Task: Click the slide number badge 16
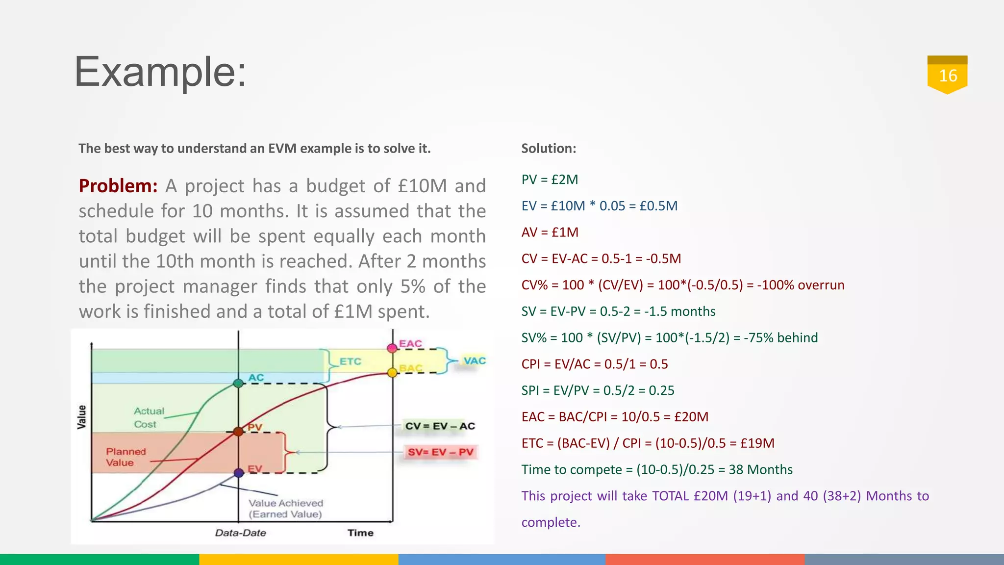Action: (x=947, y=76)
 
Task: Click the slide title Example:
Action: (x=160, y=72)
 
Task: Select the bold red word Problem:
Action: (x=118, y=186)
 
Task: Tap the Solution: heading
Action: (x=549, y=148)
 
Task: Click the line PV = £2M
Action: (x=550, y=180)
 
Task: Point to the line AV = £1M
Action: (x=550, y=232)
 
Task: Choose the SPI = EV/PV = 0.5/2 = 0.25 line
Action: (x=598, y=390)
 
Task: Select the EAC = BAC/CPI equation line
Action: (x=615, y=417)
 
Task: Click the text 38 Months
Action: (x=760, y=469)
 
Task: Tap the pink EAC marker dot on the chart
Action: (x=392, y=348)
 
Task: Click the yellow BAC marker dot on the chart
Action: (x=392, y=373)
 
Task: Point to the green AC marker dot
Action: (x=238, y=384)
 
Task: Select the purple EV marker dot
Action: (x=239, y=473)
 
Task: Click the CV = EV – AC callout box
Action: (x=440, y=426)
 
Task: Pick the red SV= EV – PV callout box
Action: (x=440, y=452)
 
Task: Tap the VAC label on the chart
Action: (x=474, y=361)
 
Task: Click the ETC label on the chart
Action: (x=350, y=361)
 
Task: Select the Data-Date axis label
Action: (x=240, y=533)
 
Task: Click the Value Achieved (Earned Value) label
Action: (x=285, y=509)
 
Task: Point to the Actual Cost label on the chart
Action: (x=149, y=417)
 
